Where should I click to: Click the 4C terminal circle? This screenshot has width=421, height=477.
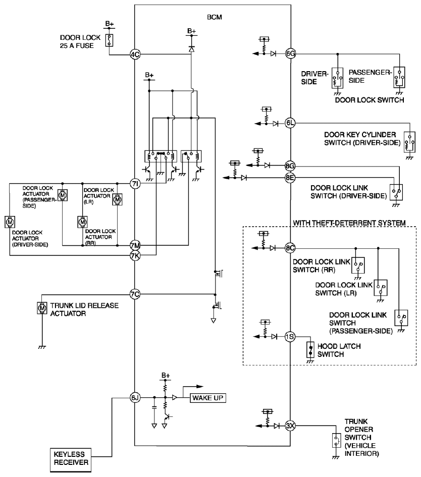[135, 55]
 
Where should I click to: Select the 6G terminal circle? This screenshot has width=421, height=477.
[290, 54]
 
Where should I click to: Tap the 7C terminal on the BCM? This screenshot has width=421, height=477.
[135, 294]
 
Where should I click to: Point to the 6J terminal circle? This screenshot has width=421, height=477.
[135, 398]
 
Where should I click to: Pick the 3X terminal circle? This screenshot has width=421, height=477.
[290, 426]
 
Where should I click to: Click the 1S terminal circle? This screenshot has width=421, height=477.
[290, 337]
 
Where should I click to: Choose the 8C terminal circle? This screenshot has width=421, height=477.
[290, 248]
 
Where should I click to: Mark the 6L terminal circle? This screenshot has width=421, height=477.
[290, 123]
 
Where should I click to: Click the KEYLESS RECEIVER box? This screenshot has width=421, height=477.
[71, 458]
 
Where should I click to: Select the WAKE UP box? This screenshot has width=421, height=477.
[208, 398]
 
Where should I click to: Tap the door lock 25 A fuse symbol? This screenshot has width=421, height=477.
[109, 40]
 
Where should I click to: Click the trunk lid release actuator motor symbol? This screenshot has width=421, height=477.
[42, 308]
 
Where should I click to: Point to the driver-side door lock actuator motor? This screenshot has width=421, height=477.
[10, 222]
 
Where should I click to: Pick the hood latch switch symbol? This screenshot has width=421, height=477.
[310, 350]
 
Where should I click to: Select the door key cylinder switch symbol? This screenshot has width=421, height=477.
[409, 142]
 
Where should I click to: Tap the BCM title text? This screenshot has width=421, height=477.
[215, 17]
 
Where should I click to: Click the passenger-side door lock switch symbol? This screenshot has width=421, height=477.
[399, 77]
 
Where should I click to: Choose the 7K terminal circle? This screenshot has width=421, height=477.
[135, 255]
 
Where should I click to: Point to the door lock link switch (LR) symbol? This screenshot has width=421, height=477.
[381, 288]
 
